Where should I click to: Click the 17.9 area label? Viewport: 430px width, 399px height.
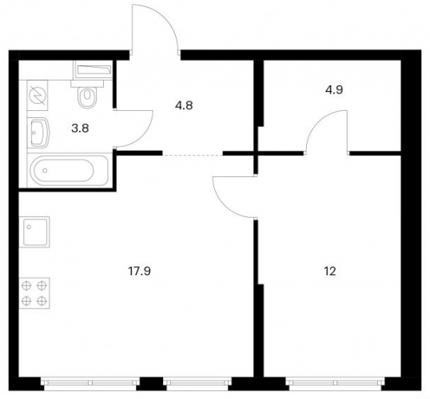click(139, 271)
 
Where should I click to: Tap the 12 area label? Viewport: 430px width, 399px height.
click(330, 271)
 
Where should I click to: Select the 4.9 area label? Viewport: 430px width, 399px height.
click(334, 90)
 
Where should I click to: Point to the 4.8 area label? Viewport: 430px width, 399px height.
click(184, 105)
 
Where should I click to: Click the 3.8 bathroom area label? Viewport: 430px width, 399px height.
click(80, 128)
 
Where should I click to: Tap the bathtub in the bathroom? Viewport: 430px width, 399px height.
click(69, 170)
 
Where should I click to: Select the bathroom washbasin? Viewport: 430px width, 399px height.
click(38, 132)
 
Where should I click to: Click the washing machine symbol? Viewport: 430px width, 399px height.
click(38, 95)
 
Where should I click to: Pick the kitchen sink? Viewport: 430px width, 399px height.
click(34, 231)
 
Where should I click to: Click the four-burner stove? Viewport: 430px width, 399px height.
click(34, 293)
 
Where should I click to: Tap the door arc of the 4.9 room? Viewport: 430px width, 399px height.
click(317, 120)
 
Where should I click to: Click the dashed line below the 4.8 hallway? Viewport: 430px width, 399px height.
click(193, 155)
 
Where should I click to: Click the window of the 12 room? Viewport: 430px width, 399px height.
click(335, 383)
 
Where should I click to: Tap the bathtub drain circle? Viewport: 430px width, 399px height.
click(45, 171)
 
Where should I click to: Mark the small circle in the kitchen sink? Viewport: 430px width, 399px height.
click(29, 227)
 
